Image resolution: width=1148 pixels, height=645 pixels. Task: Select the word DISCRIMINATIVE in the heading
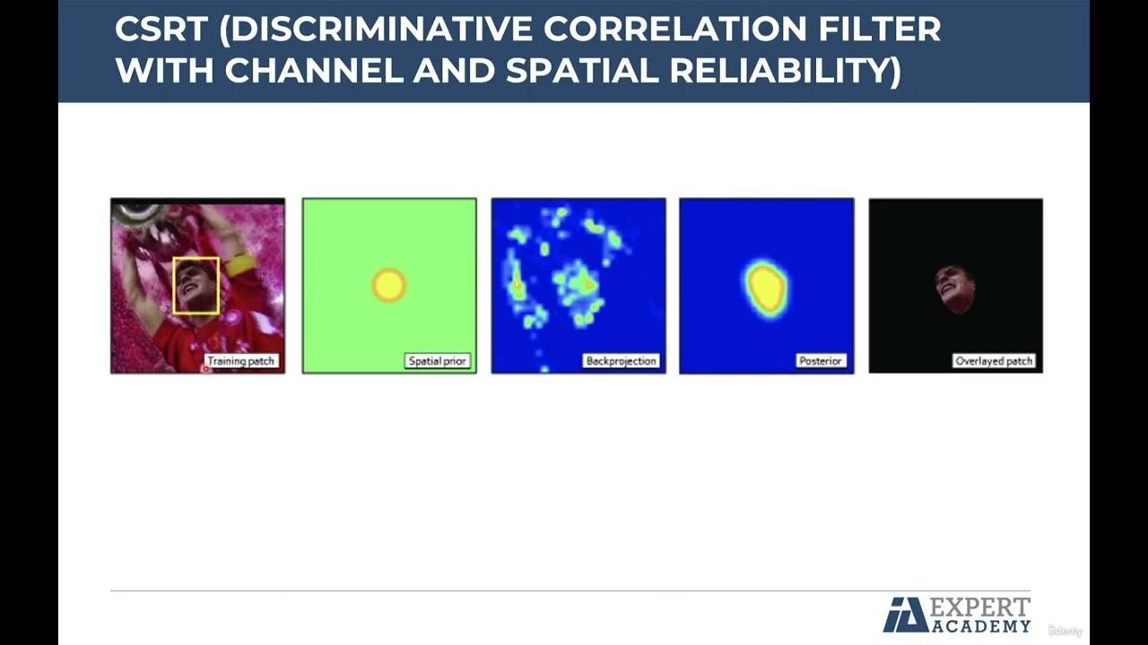pyautogui.click(x=377, y=30)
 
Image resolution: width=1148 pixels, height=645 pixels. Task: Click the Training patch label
pyautogui.click(x=241, y=361)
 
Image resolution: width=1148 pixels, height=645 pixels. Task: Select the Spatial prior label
pyautogui.click(x=438, y=361)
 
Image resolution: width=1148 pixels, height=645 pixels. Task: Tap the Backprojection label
pyautogui.click(x=621, y=361)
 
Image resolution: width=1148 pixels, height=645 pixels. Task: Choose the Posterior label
pyautogui.click(x=820, y=361)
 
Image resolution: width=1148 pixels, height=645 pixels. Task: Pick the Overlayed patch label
pyautogui.click(x=994, y=361)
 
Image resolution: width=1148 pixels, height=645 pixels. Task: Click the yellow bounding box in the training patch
pyautogui.click(x=196, y=286)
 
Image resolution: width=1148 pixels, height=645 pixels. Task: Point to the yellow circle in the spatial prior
pyautogui.click(x=389, y=286)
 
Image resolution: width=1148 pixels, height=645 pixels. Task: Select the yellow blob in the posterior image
pyautogui.click(x=766, y=287)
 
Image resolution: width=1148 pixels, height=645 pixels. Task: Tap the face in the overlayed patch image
pyautogui.click(x=953, y=288)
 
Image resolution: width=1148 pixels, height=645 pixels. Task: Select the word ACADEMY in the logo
pyautogui.click(x=982, y=625)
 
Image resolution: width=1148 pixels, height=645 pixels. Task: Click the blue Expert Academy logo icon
pyautogui.click(x=905, y=615)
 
